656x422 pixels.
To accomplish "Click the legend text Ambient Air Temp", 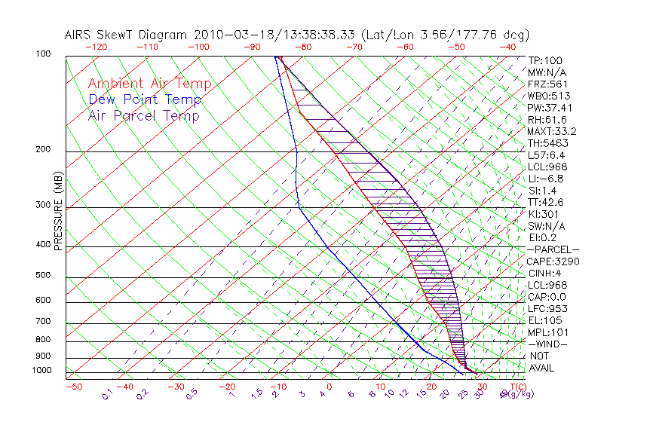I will (x=149, y=84).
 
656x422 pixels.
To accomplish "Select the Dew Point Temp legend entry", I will (x=144, y=99).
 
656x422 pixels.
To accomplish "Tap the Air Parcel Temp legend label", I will (x=143, y=115).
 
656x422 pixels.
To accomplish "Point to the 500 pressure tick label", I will (x=44, y=277).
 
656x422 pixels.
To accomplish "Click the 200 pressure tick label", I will (x=44, y=150).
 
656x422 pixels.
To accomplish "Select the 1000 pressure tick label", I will (x=41, y=371).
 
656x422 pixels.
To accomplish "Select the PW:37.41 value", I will (x=550, y=108).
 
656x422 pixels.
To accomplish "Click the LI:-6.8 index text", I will (x=546, y=179).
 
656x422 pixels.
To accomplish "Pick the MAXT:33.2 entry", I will (x=552, y=131).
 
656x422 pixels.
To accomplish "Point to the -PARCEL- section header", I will (x=553, y=249).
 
